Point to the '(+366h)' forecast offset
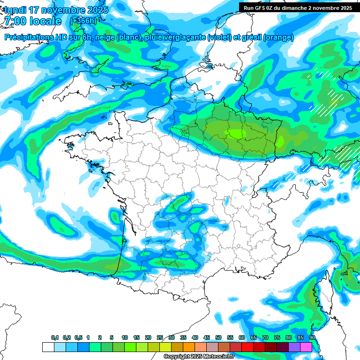[83, 21]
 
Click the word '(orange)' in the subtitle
[278, 37]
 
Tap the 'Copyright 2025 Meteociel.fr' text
[199, 357]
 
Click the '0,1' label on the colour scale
[55, 338]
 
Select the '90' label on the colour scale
[312, 338]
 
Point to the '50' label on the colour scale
[218, 338]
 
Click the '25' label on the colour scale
[160, 338]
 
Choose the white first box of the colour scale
[48, 347]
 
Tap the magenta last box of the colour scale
[306, 347]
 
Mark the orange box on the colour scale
[189, 347]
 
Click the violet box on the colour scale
[294, 347]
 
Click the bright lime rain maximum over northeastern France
[237, 134]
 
